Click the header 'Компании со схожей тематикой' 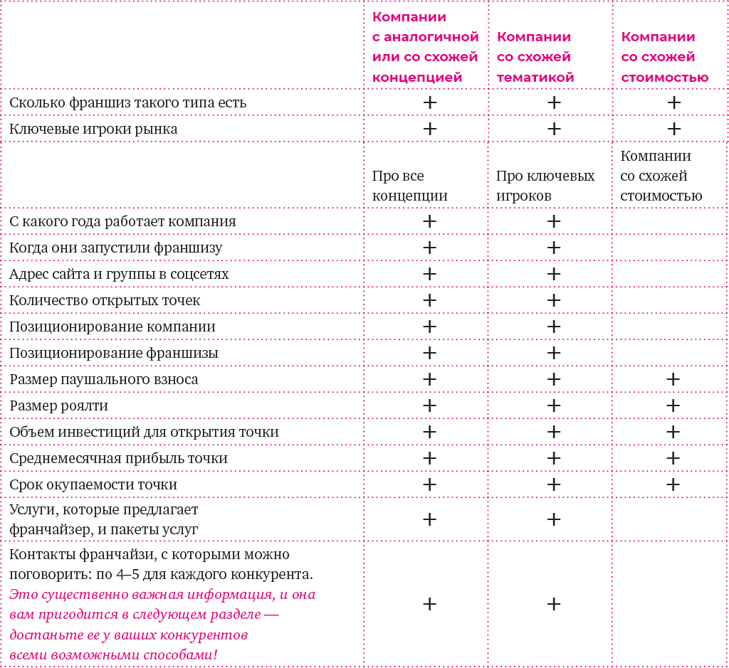pyautogui.click(x=535, y=57)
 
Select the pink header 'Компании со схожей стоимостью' pyautogui.click(x=664, y=57)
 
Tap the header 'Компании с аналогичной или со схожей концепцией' pyautogui.click(x=425, y=47)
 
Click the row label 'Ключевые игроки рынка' pyautogui.click(x=93, y=129)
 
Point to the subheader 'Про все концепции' pyautogui.click(x=409, y=186)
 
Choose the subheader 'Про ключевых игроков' pyautogui.click(x=545, y=186)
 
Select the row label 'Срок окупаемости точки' pyautogui.click(x=93, y=484)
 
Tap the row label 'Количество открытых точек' pyautogui.click(x=105, y=300)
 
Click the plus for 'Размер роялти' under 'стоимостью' pyautogui.click(x=673, y=405)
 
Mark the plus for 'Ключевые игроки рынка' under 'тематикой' pyautogui.click(x=554, y=129)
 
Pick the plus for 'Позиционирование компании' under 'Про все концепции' pyautogui.click(x=429, y=327)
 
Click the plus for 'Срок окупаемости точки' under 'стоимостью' pyautogui.click(x=673, y=484)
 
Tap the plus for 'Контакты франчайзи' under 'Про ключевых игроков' pyautogui.click(x=554, y=604)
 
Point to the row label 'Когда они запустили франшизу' pyautogui.click(x=115, y=248)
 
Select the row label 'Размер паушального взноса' pyautogui.click(x=104, y=379)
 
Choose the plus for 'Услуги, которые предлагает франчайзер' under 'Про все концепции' pyautogui.click(x=429, y=519)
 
